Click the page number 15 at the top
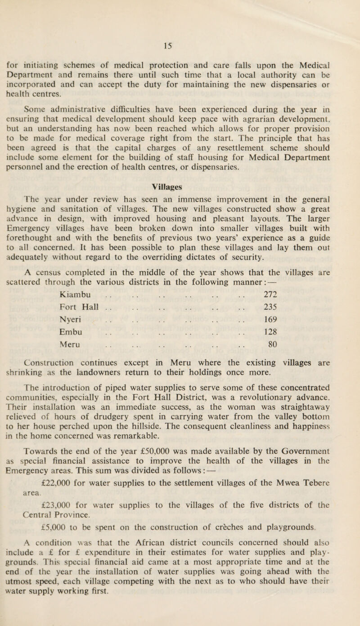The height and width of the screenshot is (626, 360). [x=179, y=44]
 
